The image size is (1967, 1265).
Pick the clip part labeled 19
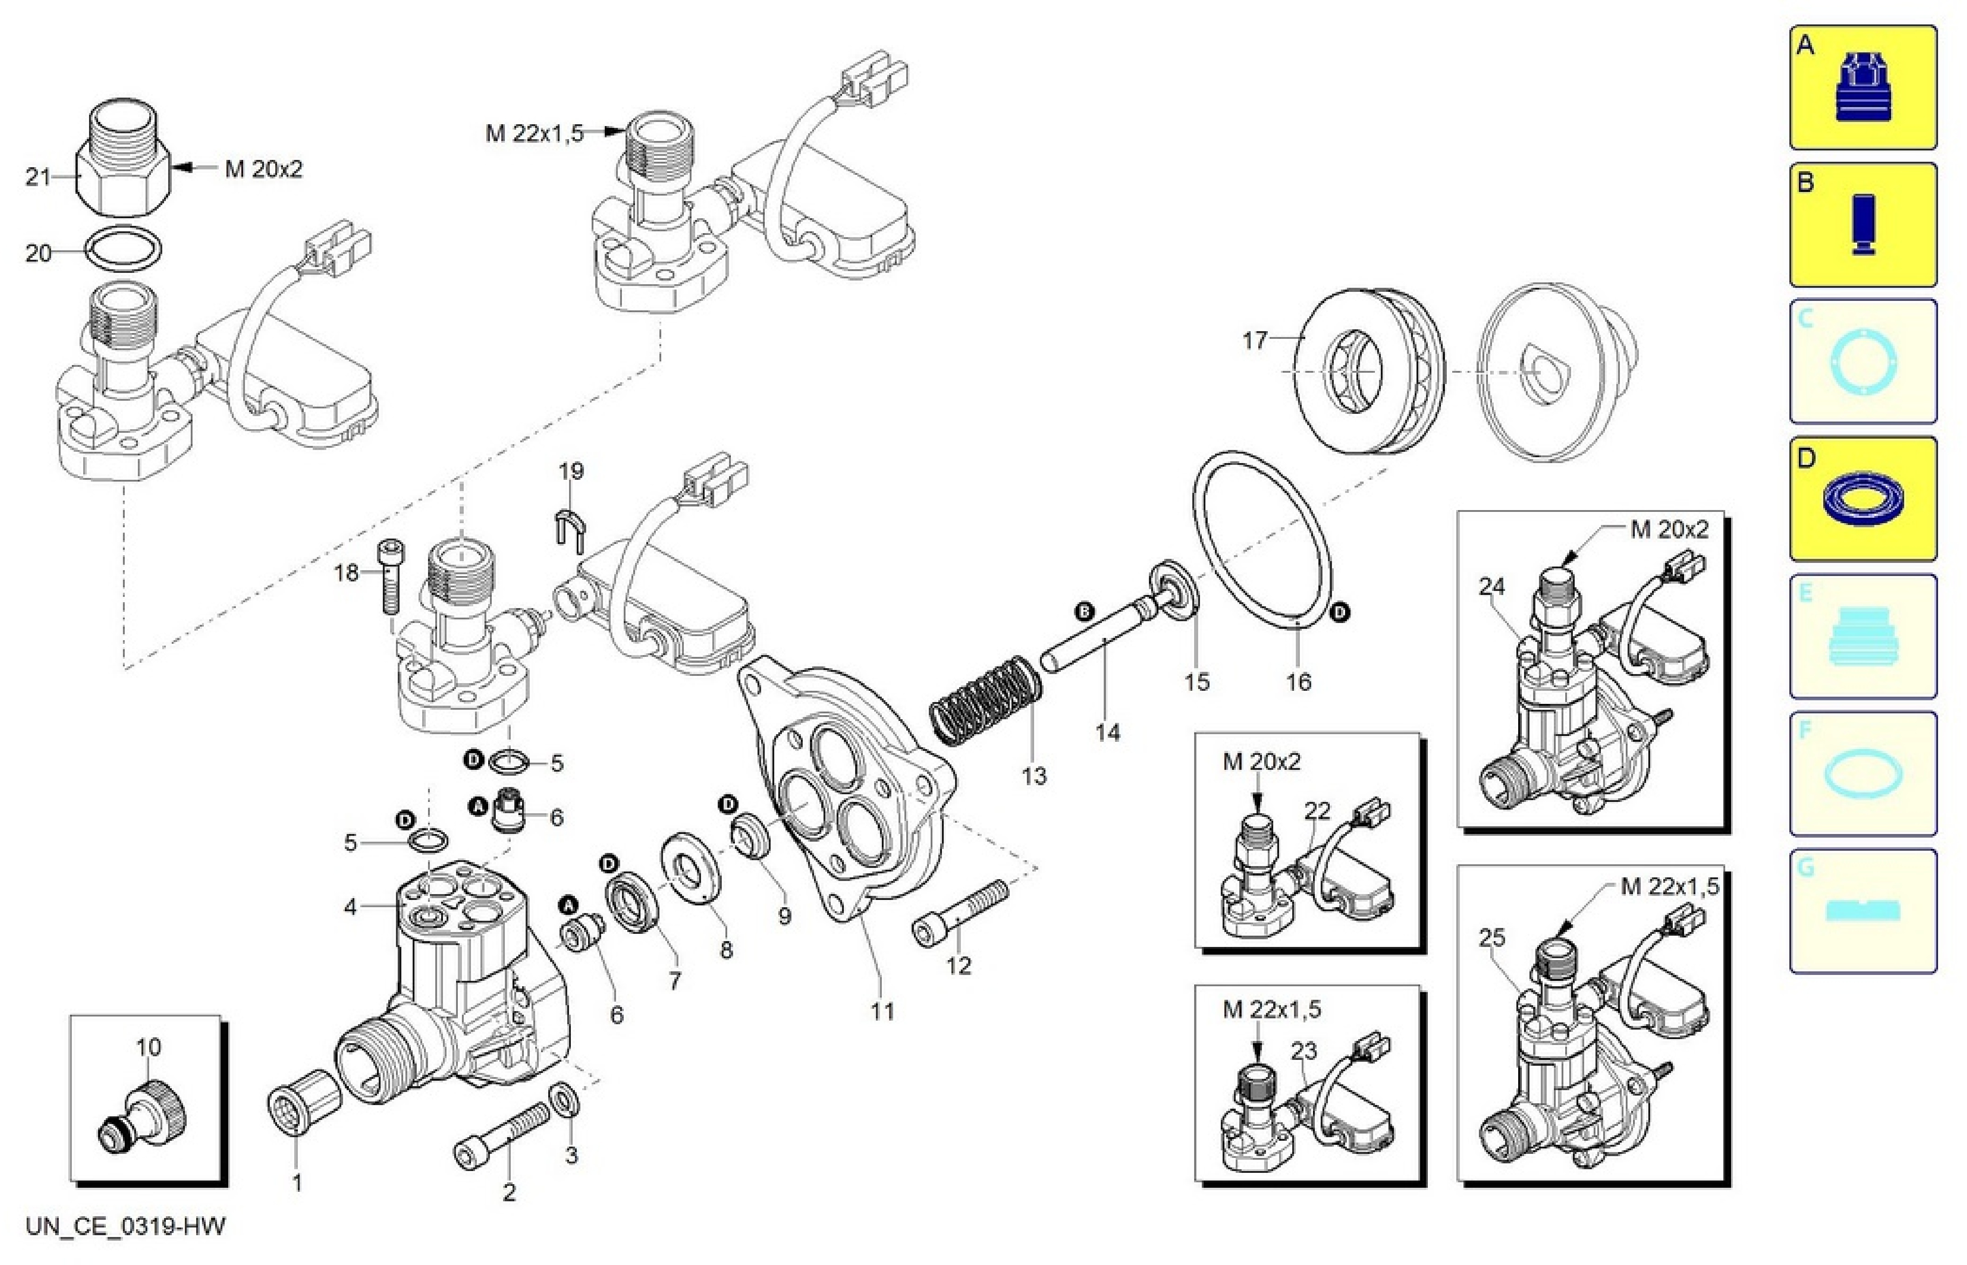pyautogui.click(x=570, y=526)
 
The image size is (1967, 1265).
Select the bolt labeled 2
pyautogui.click(x=503, y=1134)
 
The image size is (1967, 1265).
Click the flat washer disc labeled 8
pyautogui.click(x=692, y=869)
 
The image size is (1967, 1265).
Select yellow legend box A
pyautogui.click(x=1863, y=87)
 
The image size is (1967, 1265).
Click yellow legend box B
pyautogui.click(x=1863, y=224)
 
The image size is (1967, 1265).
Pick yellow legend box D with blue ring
pyautogui.click(x=1863, y=499)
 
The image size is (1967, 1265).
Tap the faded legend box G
pyautogui.click(x=1863, y=911)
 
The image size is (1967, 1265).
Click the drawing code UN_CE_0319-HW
pyautogui.click(x=125, y=1227)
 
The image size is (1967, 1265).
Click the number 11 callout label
pyautogui.click(x=882, y=1011)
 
